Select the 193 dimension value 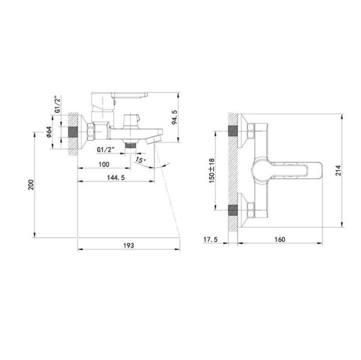pos(128,246)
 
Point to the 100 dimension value pos(103,164)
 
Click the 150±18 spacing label pos(211,171)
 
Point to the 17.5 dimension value pos(210,239)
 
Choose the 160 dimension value pos(279,239)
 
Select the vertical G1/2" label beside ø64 pos(58,104)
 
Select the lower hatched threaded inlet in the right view pos(232,211)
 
